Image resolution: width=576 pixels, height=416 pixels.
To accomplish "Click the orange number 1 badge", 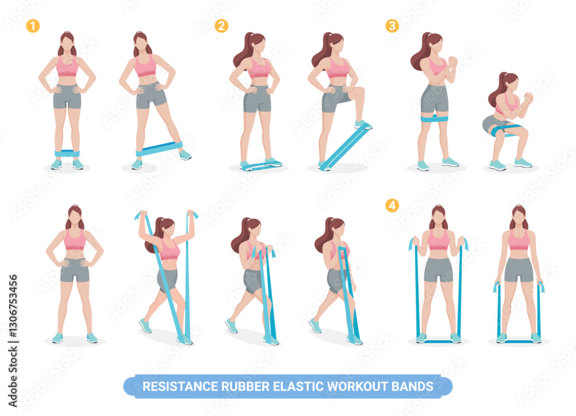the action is pos(33,26).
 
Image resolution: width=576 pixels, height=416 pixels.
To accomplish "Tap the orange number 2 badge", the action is pos(221,26).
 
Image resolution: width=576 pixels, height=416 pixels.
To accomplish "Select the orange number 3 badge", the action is pos(392,26).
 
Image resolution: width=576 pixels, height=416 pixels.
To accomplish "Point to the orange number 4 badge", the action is pos(392,206).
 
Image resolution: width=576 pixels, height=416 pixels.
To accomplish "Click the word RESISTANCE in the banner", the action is pos(180,387).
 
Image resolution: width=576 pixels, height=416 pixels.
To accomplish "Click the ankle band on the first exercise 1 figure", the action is pos(67,153).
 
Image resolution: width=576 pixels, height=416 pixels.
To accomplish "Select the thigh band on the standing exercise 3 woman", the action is pos(434,118).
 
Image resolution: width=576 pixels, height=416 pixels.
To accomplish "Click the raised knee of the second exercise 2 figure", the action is pos(359,91).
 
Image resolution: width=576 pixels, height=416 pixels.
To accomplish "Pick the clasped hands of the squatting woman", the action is pos(528,97).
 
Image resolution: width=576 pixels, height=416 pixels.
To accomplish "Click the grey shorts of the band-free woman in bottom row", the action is pos(75,270).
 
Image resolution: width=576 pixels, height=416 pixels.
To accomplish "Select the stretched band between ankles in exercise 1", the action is pos(159,149).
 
